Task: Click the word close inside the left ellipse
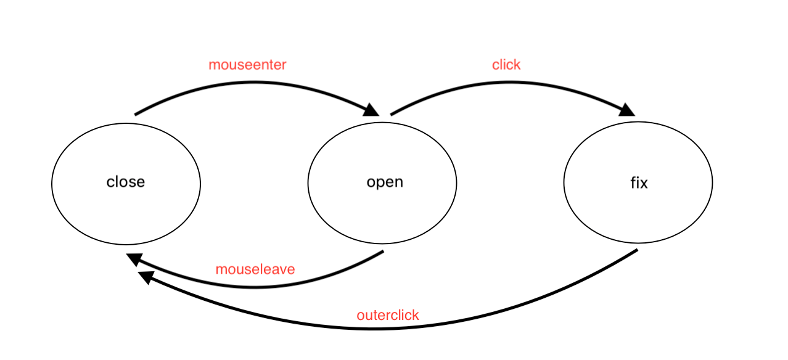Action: (x=126, y=182)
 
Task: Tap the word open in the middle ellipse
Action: (x=385, y=182)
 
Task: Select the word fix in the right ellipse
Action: (x=639, y=183)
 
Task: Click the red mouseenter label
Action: (x=247, y=65)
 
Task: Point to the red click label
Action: (x=506, y=65)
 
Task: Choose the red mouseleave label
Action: (x=255, y=269)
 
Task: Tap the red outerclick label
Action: (x=388, y=315)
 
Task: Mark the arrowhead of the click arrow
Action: (x=628, y=110)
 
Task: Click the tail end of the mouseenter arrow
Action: (x=136, y=114)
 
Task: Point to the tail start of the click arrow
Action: (x=392, y=114)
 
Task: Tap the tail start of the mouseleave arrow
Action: (x=383, y=252)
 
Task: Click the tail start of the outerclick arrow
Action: (x=636, y=250)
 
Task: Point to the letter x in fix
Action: (x=644, y=183)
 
